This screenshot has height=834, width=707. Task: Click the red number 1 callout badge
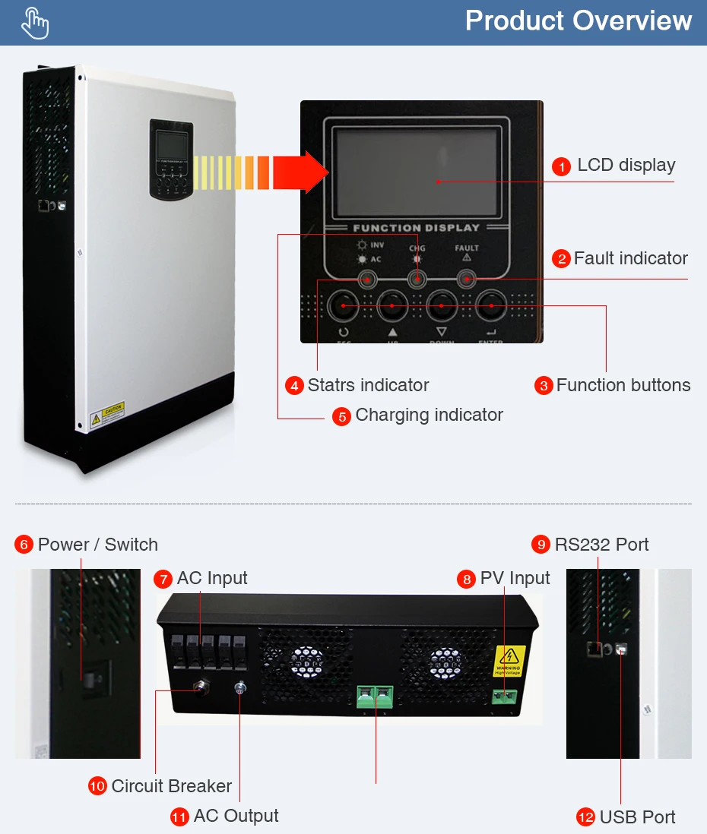coord(561,166)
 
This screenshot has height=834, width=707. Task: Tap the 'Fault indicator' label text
coord(630,258)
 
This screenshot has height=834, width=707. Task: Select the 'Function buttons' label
coord(623,385)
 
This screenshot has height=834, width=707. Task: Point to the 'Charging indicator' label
coord(429,415)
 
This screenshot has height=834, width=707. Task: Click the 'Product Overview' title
coord(579,21)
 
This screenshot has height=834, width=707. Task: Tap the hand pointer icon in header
coord(35,23)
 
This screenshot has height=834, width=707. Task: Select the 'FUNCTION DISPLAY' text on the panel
coord(417,228)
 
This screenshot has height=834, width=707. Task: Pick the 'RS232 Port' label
coord(601,545)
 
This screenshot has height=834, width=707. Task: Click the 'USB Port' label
coord(637,817)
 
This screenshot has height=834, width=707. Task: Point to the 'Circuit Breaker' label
coord(171,786)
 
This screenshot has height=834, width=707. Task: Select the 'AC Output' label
coord(236,816)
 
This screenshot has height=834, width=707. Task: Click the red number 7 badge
coord(163,579)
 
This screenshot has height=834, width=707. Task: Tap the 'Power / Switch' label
coord(97,545)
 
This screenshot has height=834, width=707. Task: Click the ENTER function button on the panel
coord(490,306)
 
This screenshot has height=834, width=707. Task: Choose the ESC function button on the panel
coord(344,306)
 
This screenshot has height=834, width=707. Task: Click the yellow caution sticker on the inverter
coord(106,414)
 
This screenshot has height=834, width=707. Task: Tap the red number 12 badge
coord(585,817)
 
